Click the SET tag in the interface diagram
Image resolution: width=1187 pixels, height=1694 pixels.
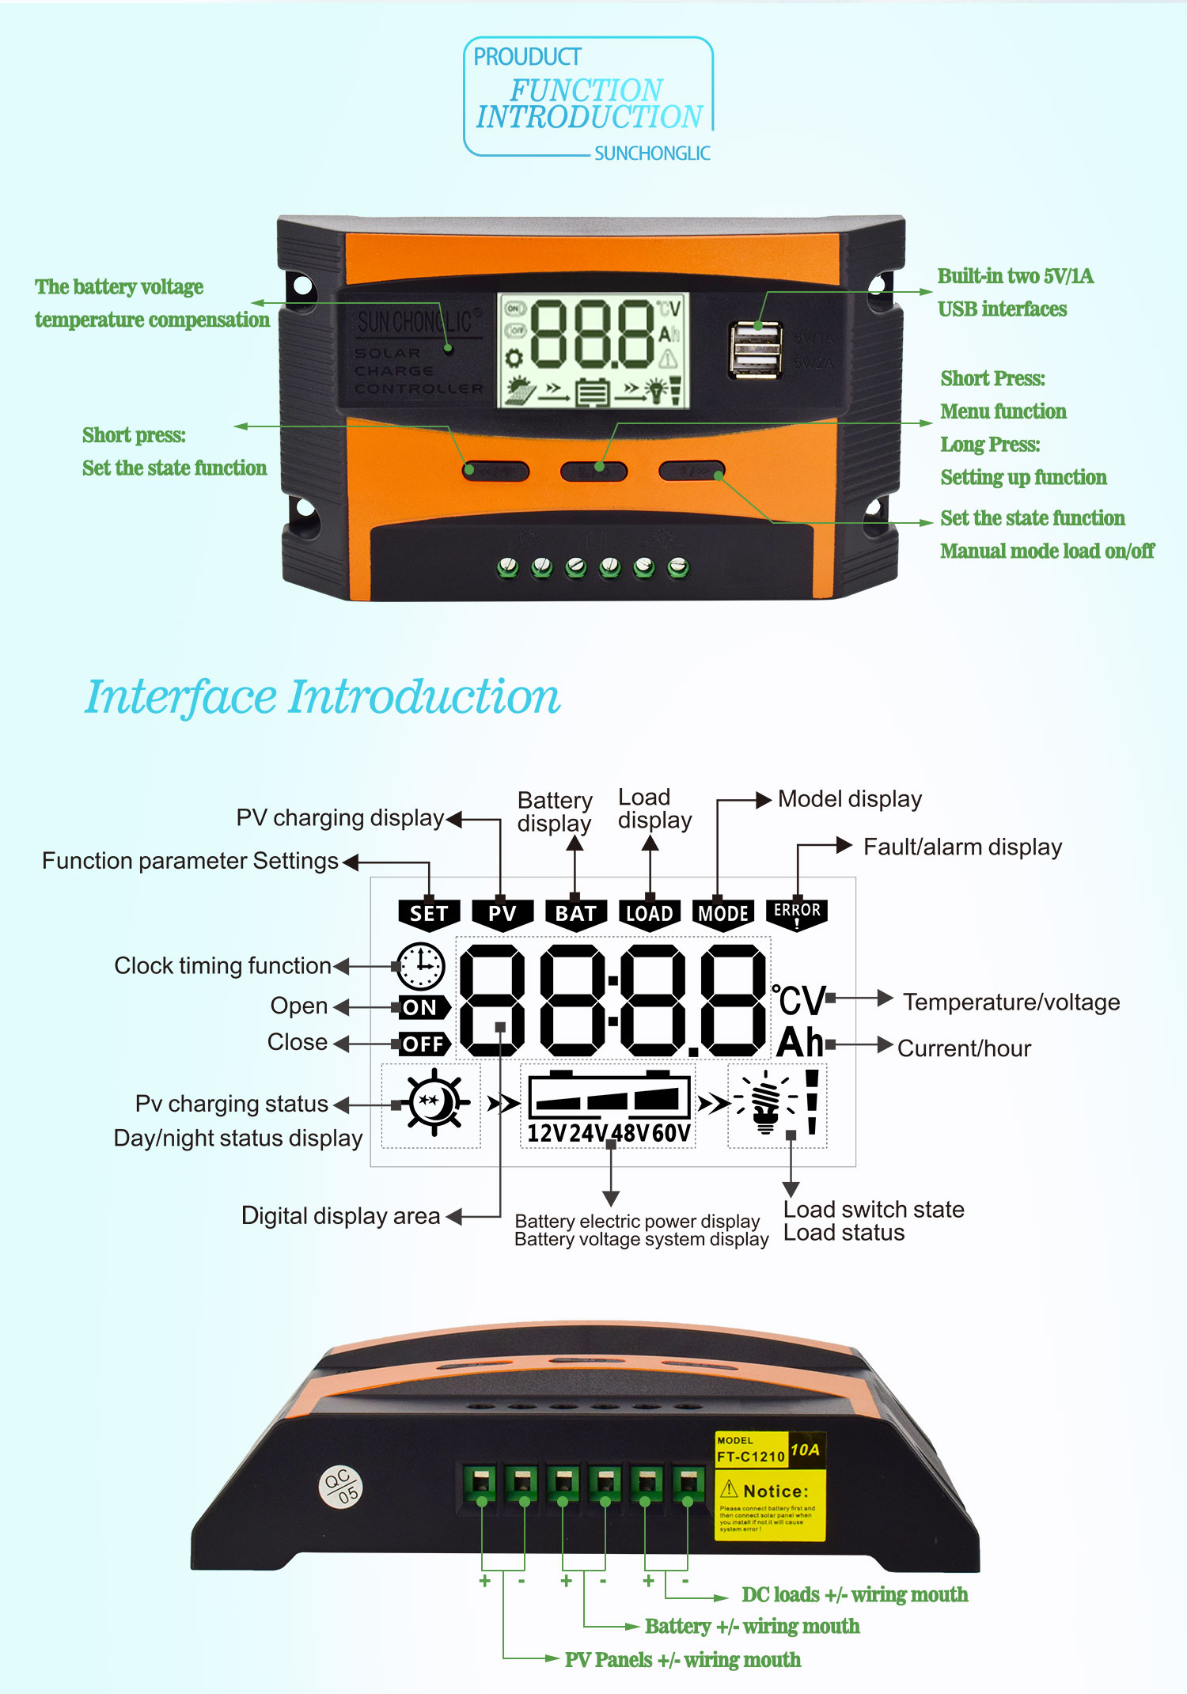click(429, 914)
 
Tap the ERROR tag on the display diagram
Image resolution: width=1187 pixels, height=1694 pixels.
click(797, 912)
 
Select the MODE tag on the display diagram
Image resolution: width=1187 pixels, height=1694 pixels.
click(722, 914)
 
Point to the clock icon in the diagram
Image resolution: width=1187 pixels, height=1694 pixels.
click(421, 966)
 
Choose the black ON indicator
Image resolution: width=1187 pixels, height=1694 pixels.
click(421, 1007)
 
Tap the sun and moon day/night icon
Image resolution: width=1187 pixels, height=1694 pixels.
click(432, 1103)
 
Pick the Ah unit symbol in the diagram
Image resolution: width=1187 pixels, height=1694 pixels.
click(800, 1043)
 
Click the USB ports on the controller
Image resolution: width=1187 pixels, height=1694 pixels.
click(756, 349)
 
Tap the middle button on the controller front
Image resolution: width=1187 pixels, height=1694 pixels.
click(593, 472)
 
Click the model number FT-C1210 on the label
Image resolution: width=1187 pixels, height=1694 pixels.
click(750, 1457)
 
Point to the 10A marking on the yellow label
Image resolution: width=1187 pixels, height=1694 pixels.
click(805, 1450)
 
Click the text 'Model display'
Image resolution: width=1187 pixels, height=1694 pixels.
click(849, 799)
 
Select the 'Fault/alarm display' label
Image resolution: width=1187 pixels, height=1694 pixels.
click(962, 847)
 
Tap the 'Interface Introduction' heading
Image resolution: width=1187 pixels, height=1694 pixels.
click(322, 697)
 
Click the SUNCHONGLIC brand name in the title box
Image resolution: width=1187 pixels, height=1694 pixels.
click(652, 153)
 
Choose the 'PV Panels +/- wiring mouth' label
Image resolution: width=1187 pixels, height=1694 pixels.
click(682, 1659)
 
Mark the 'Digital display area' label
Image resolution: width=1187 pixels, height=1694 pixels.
click(340, 1215)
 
